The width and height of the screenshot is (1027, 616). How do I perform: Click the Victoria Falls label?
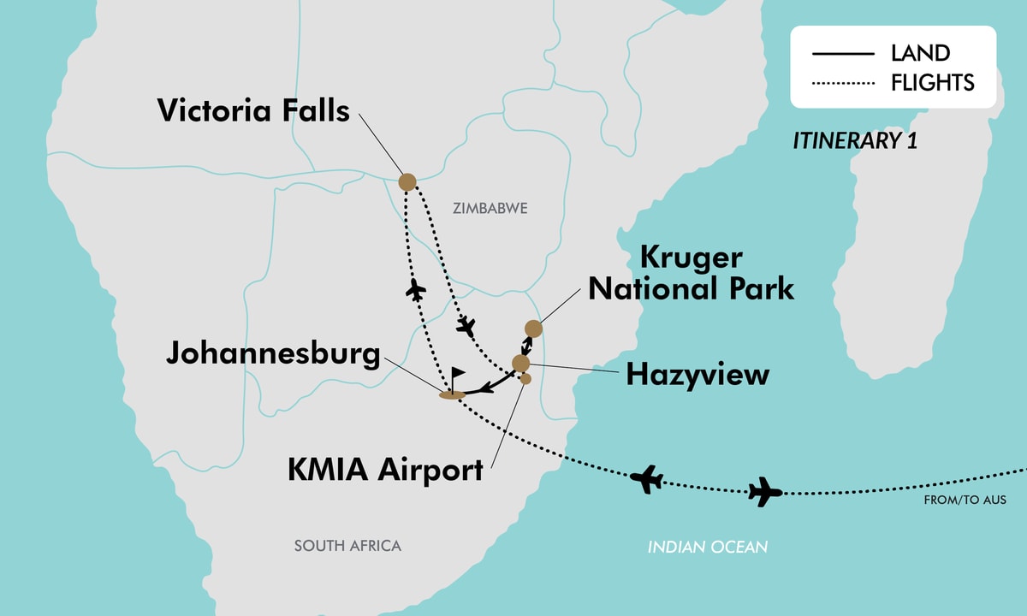point(253,110)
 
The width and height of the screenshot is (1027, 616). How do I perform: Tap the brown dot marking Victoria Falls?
point(407,181)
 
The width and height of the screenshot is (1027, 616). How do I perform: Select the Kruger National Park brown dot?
point(533,329)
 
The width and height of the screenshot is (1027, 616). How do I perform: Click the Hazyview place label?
point(698,375)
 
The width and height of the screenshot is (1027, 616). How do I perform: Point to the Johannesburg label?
point(273,353)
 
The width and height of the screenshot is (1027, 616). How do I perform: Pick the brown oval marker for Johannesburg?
point(451,394)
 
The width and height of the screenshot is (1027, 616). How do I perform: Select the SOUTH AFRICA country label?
point(347,546)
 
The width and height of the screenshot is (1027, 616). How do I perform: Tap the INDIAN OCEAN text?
point(707,546)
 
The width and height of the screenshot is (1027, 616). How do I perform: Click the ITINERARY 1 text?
point(854,141)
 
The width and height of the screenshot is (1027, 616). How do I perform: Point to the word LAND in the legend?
point(920,53)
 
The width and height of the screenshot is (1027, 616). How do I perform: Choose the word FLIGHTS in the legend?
point(932,82)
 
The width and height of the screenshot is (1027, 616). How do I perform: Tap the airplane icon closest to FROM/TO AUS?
point(765,492)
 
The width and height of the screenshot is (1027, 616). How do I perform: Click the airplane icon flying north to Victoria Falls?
point(417,289)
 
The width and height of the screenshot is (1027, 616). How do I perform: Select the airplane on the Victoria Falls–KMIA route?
point(466,326)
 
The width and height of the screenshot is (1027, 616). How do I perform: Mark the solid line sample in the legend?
point(843,54)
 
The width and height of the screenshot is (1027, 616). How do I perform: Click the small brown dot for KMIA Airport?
point(525,378)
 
